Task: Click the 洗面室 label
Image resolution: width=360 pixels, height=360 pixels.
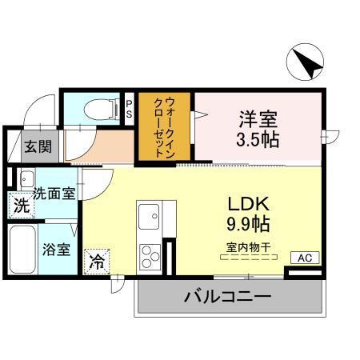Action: [x=54, y=194]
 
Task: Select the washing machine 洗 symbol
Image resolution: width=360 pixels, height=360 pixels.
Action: [x=20, y=206]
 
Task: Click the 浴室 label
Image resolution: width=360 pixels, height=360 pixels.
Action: [x=56, y=248]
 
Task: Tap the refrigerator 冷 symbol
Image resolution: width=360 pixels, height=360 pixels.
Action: [x=97, y=260]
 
